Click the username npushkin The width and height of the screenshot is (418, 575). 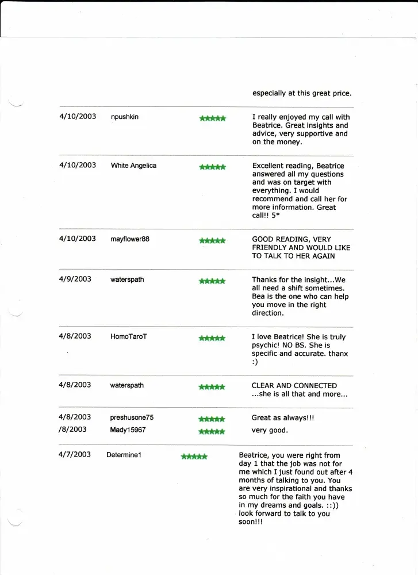(x=124, y=117)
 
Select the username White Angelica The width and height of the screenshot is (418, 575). (x=133, y=166)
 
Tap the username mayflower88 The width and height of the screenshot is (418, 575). (x=129, y=239)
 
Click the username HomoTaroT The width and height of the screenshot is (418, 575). (x=128, y=336)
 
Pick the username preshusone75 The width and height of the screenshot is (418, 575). (x=132, y=417)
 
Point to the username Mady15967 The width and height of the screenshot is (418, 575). (x=128, y=430)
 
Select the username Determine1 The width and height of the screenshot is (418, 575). (x=124, y=455)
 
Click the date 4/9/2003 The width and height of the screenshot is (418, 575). (x=75, y=279)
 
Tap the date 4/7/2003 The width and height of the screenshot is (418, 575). (x=75, y=454)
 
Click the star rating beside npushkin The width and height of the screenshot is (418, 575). (x=212, y=118)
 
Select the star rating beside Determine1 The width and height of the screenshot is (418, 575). (x=194, y=457)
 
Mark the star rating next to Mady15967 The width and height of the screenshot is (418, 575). (x=212, y=431)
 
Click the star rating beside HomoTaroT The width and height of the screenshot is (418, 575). (x=212, y=338)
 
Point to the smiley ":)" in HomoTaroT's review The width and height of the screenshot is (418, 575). (x=255, y=362)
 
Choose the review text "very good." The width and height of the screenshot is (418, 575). (x=270, y=430)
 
